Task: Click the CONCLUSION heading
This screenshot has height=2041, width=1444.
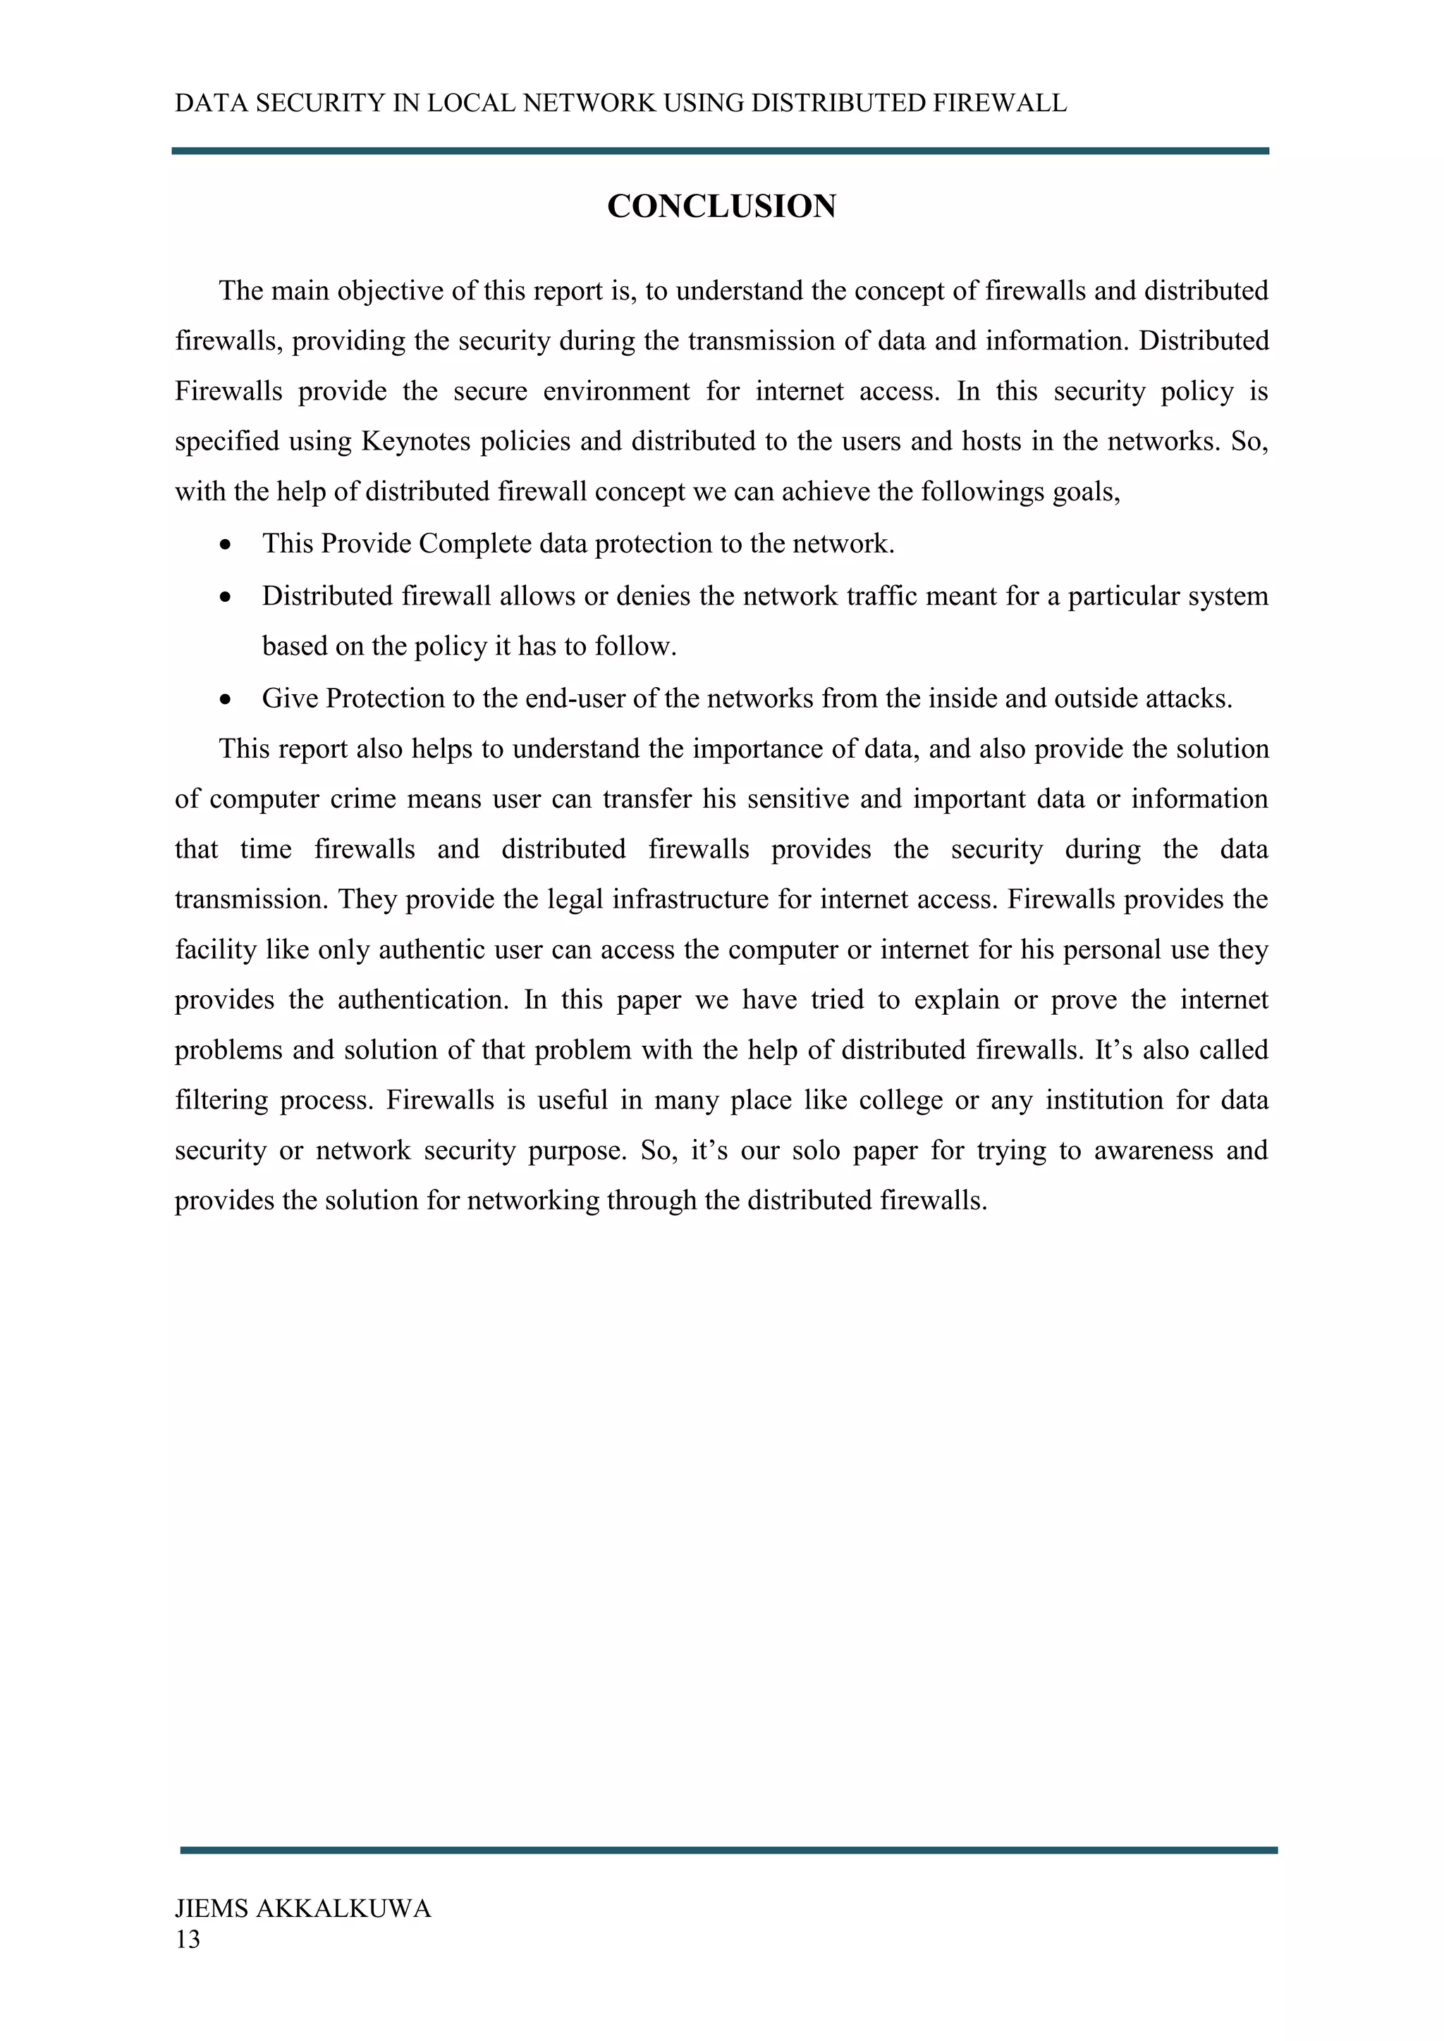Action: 721,206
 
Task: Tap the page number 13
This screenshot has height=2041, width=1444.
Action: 188,1940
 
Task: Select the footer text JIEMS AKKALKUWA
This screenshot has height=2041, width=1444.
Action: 302,1909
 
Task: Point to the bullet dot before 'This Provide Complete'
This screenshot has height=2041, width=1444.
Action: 228,544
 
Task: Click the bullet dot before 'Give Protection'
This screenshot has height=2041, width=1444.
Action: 228,698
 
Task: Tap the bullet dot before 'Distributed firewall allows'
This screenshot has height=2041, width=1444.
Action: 228,596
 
